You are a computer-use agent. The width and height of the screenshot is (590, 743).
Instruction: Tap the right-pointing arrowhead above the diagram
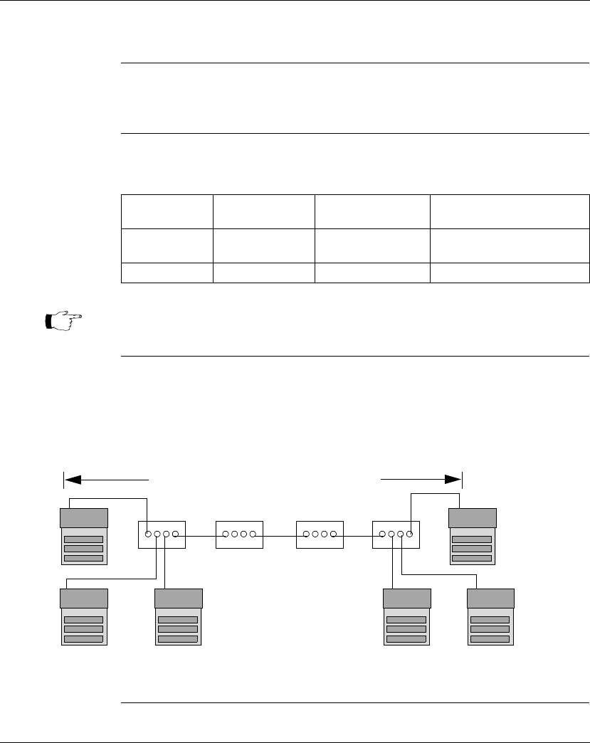coord(453,480)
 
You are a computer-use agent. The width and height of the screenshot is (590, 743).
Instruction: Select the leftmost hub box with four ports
coord(161,534)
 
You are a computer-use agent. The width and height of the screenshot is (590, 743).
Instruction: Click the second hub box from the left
coord(239,534)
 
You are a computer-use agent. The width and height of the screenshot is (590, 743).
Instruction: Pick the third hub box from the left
coord(320,534)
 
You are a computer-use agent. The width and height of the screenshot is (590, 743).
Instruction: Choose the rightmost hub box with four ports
coord(396,534)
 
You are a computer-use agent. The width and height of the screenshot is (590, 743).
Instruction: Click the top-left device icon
coord(84,537)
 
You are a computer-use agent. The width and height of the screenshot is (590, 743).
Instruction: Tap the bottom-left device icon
coord(84,617)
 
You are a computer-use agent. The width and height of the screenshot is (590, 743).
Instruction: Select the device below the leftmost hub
coord(178,617)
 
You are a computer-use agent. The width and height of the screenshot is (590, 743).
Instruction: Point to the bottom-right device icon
coord(490,617)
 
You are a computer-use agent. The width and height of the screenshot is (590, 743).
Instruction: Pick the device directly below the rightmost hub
coord(406,617)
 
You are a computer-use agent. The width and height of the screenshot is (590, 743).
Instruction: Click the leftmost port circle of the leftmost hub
coord(147,534)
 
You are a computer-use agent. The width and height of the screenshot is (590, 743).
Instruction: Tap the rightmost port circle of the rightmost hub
coord(411,534)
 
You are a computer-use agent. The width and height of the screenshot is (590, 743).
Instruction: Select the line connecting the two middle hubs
coord(280,534)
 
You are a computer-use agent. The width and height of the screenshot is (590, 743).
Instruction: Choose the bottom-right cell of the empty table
coord(510,273)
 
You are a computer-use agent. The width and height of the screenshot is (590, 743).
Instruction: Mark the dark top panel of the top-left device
coord(84,517)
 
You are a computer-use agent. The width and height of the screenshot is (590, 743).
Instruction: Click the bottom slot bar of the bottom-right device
coord(490,638)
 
